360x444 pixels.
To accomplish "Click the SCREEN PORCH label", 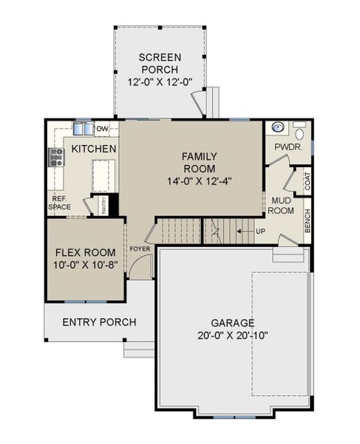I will pos(160,64).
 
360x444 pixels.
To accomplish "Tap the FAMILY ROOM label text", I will pos(200,161).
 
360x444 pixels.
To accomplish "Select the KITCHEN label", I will pos(94,149).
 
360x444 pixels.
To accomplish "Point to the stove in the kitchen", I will pos(55,156).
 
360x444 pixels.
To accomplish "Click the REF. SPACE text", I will pos(61,203).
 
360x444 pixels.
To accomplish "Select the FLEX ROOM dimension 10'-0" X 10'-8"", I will pos(84,264).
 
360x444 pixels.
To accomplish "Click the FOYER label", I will pos(140,249).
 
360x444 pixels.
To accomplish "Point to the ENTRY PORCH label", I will pos(98,322).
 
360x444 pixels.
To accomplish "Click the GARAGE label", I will pos(232,323).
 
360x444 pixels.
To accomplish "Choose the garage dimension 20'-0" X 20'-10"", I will pos(232,335).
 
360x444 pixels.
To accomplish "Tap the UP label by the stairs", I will pos(260,232).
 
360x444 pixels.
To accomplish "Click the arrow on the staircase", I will pos(242,232).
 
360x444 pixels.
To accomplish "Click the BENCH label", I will pos(308,221).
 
